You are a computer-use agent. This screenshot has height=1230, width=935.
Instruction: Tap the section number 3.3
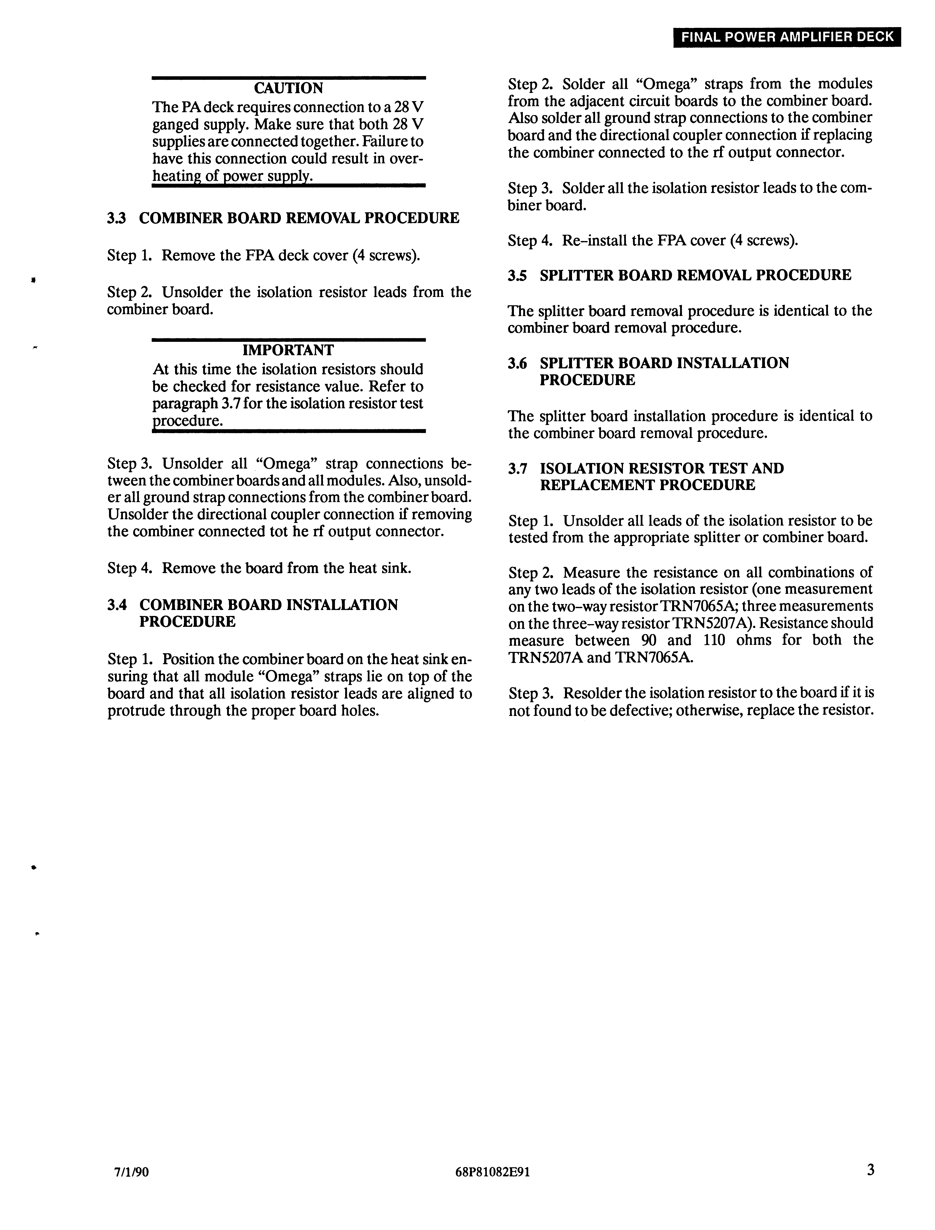[x=116, y=218]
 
